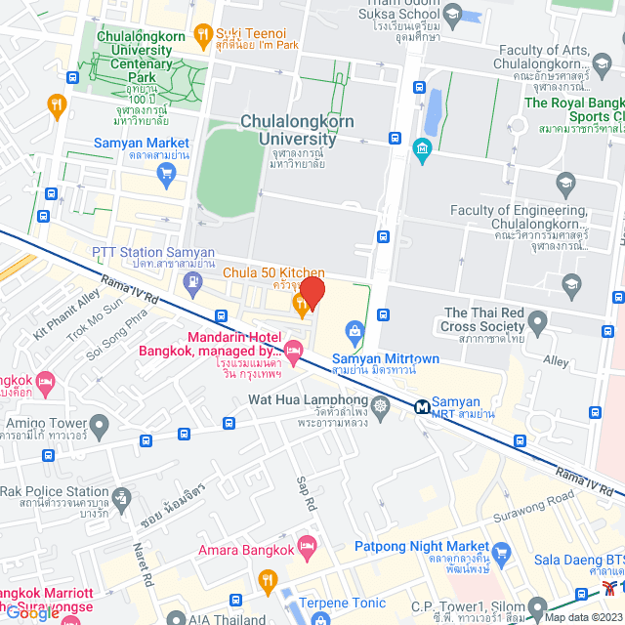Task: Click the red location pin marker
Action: [x=312, y=292]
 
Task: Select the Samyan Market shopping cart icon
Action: [x=166, y=174]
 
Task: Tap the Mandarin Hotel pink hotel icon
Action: [x=293, y=349]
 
